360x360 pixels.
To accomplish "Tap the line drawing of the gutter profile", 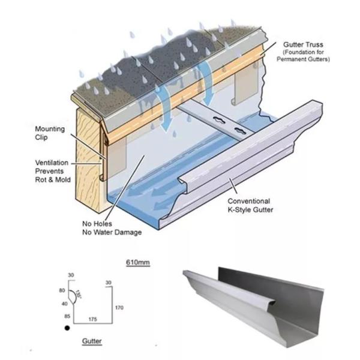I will (90, 300).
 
